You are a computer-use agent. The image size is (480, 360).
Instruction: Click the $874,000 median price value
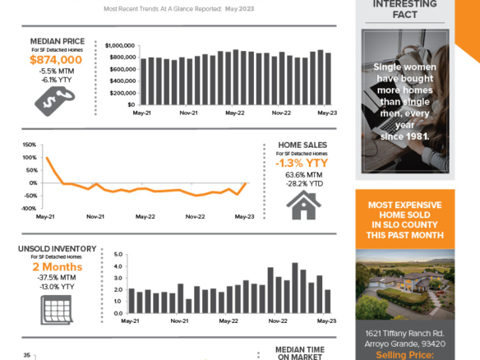(x=56, y=60)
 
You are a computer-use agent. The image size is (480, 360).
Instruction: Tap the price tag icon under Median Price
(x=55, y=100)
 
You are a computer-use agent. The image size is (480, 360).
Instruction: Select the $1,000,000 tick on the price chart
(x=119, y=45)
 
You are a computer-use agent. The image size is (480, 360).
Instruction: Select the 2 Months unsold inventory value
(x=57, y=267)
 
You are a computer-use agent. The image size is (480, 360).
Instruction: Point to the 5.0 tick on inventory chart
(x=118, y=254)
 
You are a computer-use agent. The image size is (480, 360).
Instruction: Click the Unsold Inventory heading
(x=57, y=248)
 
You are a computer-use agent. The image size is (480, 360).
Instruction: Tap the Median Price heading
(x=56, y=40)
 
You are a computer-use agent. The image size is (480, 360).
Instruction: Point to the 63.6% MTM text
(x=302, y=175)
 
